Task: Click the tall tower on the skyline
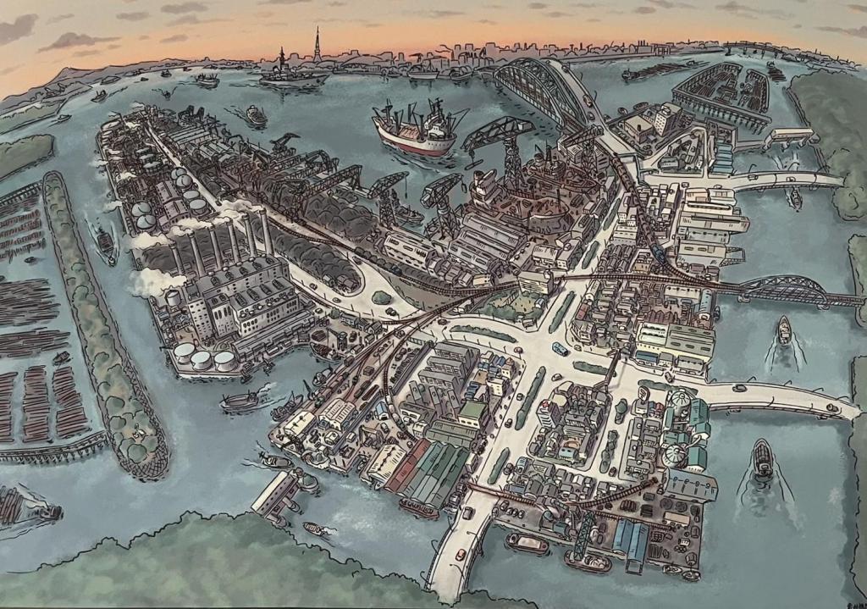tap(318, 47)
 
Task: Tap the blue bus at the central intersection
tap(560, 347)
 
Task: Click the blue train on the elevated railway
tap(660, 252)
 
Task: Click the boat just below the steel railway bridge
tap(784, 330)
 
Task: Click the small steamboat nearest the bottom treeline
tap(318, 530)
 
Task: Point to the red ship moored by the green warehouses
tap(419, 508)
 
